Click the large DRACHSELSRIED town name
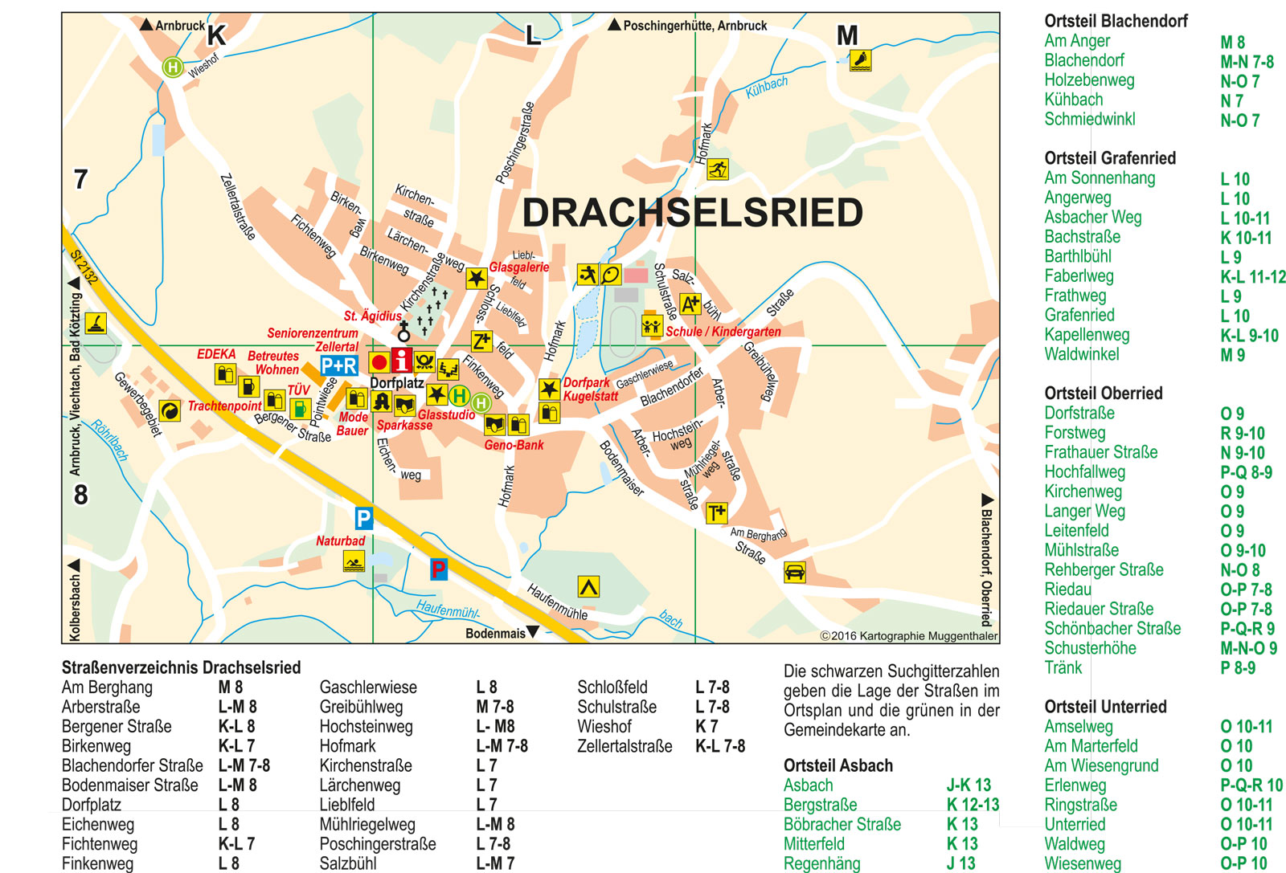point(692,213)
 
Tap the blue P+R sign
point(338,366)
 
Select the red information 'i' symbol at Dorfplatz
point(401,361)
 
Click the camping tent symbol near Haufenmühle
point(588,587)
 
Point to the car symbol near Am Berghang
point(794,572)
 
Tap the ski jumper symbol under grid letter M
point(860,60)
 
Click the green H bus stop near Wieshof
point(172,67)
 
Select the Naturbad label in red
point(340,541)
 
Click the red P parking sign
point(438,569)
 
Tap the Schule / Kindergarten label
point(723,332)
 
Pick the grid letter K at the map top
point(216,35)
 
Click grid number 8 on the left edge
point(80,495)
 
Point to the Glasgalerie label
point(519,267)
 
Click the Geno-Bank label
point(514,445)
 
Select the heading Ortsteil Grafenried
point(1109,158)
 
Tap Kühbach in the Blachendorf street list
point(1073,100)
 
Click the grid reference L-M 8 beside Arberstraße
point(237,707)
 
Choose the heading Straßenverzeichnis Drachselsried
point(181,667)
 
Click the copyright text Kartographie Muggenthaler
point(908,636)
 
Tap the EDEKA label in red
point(216,354)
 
